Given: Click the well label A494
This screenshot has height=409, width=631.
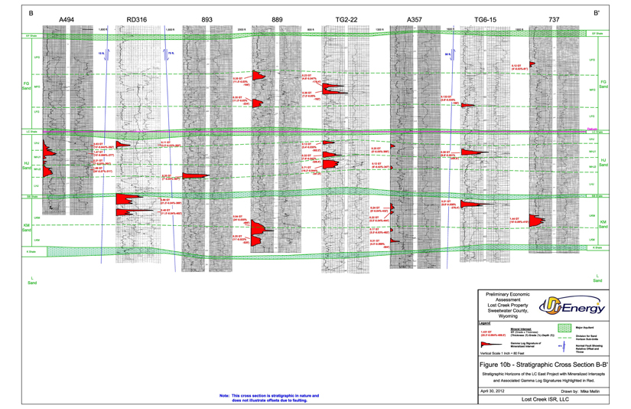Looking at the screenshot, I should (x=67, y=19).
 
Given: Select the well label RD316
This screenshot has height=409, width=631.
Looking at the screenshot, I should (x=137, y=19).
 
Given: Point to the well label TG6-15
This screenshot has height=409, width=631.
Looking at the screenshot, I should (x=485, y=19).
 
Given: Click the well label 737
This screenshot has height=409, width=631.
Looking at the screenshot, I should (x=554, y=19).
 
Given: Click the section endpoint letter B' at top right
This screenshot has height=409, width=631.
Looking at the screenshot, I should (x=597, y=13).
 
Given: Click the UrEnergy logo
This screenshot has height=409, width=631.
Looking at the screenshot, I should (x=571, y=306).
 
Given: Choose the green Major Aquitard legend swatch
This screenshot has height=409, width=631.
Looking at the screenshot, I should (x=564, y=328).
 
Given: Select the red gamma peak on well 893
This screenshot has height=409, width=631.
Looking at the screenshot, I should (x=196, y=175).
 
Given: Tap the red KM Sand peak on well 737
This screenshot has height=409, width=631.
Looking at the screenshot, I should (x=537, y=221).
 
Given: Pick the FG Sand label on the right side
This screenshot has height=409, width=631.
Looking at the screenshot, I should (x=603, y=84).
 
